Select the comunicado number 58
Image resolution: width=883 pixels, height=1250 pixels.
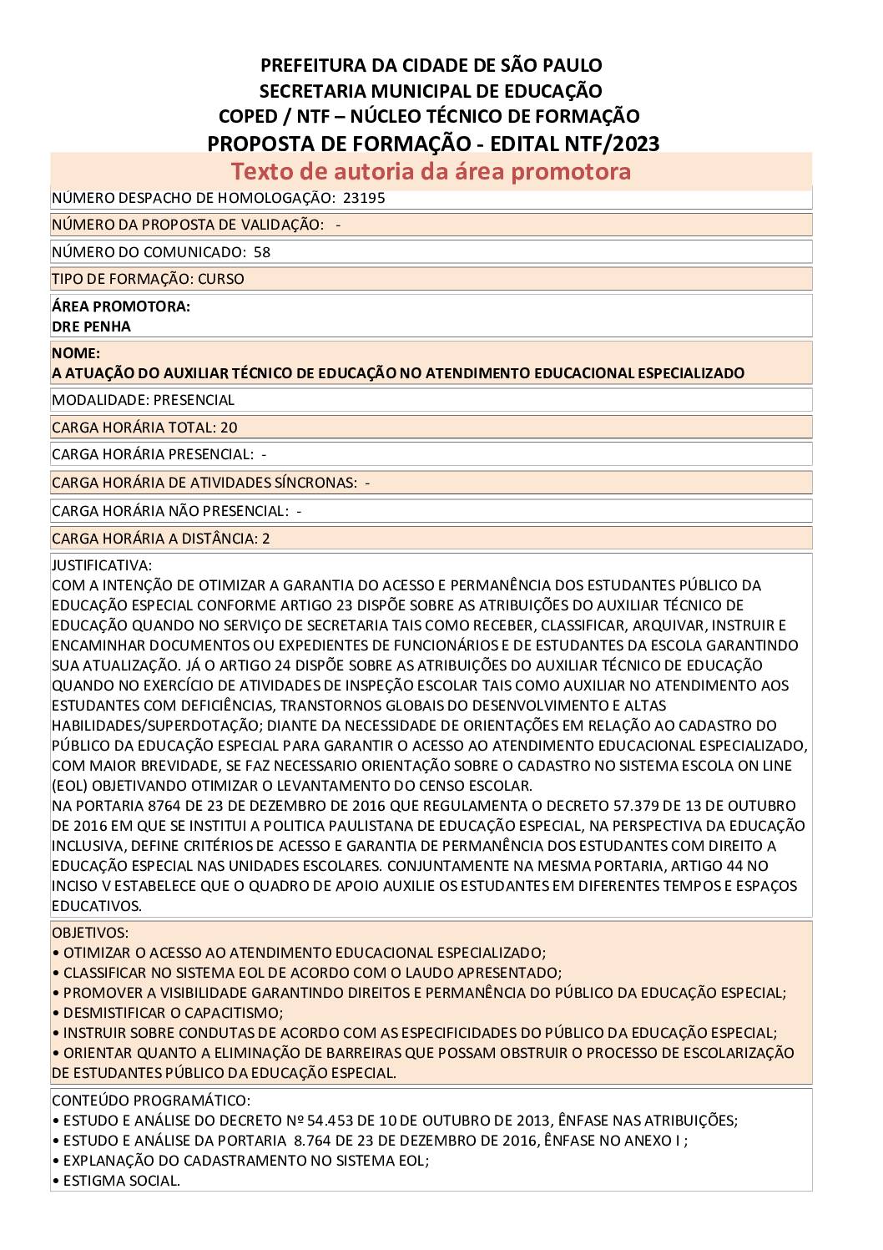(x=262, y=252)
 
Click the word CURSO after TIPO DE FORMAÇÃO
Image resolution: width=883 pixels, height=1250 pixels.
(x=221, y=279)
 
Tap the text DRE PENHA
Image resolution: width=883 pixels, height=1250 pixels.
(x=91, y=326)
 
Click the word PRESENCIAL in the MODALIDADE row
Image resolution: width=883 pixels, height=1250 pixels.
(x=194, y=400)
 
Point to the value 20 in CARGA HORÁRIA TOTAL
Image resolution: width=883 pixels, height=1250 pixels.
(x=229, y=428)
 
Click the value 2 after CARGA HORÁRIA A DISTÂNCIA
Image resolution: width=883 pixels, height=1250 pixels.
(x=266, y=539)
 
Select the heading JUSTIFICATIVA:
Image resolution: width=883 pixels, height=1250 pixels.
(x=102, y=565)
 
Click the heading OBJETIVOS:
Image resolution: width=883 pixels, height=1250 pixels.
(x=90, y=933)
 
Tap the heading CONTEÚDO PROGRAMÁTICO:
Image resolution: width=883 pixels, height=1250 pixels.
(x=150, y=1101)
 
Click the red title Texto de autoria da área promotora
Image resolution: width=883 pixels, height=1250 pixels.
(x=431, y=171)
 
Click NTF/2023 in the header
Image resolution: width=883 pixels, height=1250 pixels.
(x=612, y=144)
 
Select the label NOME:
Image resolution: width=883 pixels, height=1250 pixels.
(x=76, y=353)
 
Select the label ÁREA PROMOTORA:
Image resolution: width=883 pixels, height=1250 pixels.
(x=121, y=306)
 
